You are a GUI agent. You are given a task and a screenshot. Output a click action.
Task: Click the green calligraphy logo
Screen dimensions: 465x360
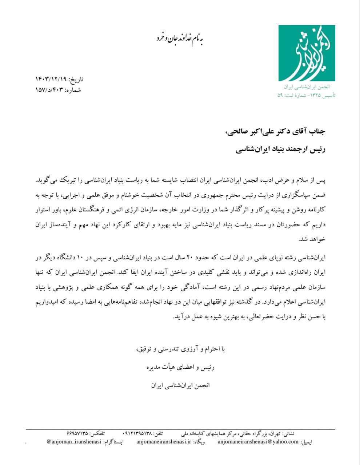click(307, 53)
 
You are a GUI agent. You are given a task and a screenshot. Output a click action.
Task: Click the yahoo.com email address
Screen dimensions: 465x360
click(258, 441)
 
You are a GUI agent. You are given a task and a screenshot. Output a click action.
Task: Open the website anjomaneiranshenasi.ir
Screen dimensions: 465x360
click(164, 441)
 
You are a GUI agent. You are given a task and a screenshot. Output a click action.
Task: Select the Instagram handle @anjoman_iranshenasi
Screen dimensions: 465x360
click(74, 441)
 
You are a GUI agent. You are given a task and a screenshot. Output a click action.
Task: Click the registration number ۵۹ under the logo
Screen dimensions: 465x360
click(280, 95)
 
